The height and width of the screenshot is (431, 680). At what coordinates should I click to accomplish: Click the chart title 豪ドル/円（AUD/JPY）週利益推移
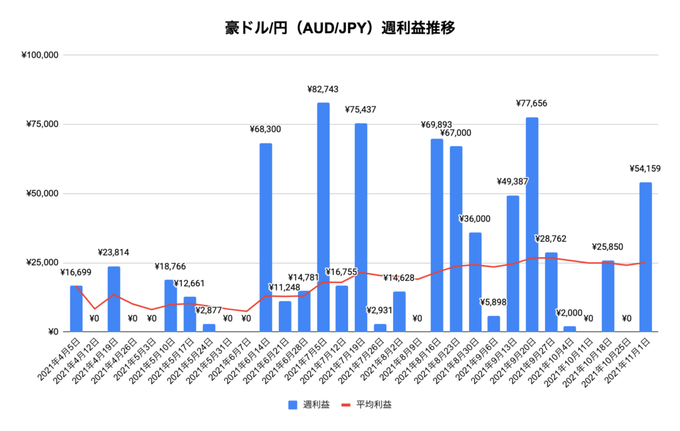tap(339, 29)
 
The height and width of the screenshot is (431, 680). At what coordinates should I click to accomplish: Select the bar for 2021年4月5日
tap(76, 309)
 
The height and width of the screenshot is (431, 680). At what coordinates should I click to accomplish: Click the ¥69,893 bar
tap(437, 235)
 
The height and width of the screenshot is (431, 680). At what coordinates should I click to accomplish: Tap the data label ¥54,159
tap(644, 169)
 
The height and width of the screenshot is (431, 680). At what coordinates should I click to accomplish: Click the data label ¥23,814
tap(114, 252)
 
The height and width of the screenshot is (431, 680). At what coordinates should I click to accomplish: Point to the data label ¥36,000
tap(475, 218)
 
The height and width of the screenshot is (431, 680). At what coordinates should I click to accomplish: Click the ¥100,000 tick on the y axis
tap(41, 55)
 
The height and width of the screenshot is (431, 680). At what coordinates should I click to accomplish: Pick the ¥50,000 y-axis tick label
tap(44, 193)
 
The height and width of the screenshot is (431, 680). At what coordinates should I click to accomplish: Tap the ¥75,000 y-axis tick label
tap(44, 124)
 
